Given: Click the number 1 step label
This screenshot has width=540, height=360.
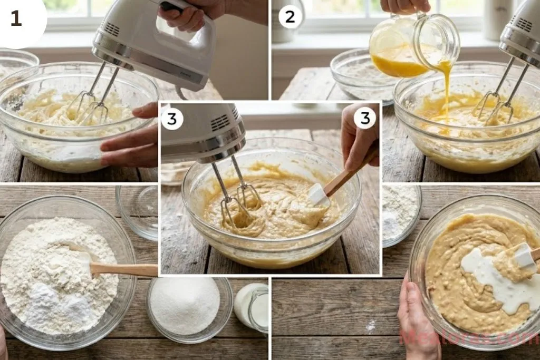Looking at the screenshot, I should (x=16, y=18).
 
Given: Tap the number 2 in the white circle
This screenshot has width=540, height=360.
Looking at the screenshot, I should (x=290, y=17).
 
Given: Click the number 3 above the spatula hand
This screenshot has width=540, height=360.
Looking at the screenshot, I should (x=364, y=119).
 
